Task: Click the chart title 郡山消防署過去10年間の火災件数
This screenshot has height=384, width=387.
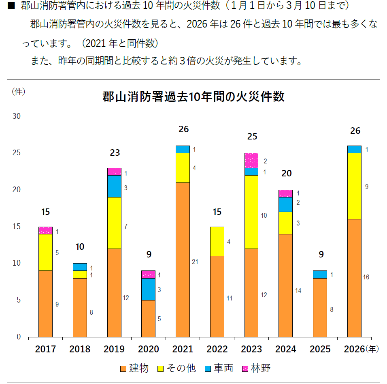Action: [193, 97]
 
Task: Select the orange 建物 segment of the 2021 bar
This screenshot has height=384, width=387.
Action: [183, 260]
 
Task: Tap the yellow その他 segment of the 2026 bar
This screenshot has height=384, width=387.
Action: [354, 186]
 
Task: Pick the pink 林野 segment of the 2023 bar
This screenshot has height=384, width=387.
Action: [251, 160]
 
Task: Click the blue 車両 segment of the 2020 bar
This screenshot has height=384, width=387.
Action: [148, 289]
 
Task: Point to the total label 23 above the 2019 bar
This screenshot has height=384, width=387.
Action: [115, 153]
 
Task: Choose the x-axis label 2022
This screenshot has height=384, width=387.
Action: [217, 349]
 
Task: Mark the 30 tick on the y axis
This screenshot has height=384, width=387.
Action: [17, 116]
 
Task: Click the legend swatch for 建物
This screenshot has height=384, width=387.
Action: [123, 369]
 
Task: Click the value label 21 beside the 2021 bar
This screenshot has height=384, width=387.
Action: [195, 262]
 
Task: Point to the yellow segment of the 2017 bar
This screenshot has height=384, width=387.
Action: [45, 252]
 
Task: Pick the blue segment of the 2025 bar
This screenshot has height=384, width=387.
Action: [320, 274]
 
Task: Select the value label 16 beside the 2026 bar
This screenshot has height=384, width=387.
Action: [366, 277]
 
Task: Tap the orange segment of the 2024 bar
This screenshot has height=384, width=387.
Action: [286, 285]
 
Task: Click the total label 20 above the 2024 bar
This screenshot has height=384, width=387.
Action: [287, 174]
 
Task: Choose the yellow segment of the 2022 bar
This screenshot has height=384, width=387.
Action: [217, 241]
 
